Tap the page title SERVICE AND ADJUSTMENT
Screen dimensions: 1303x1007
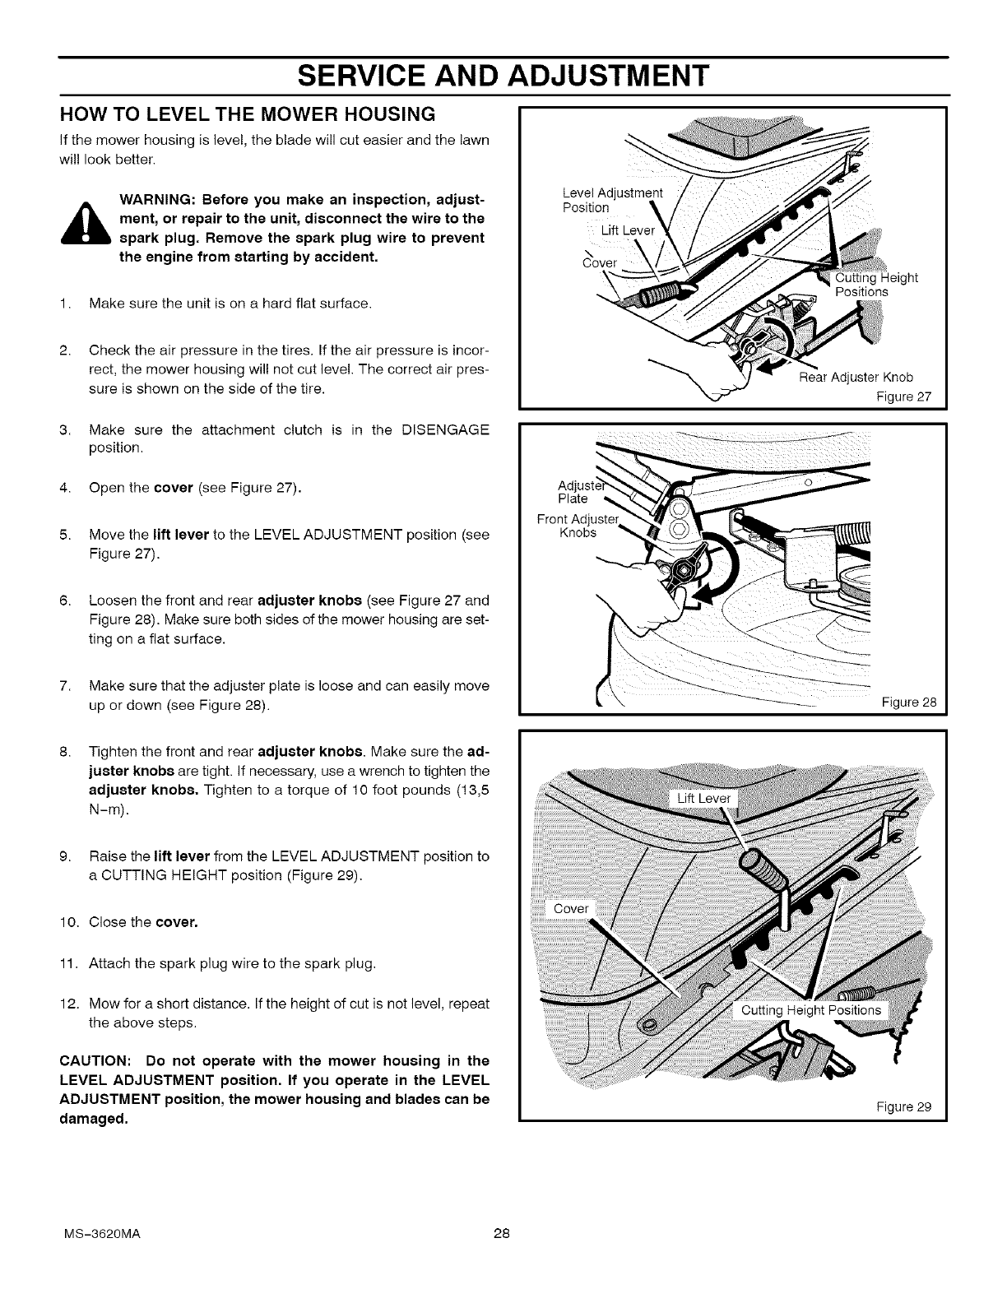coord(503,76)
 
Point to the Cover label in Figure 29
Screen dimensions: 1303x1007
coord(571,908)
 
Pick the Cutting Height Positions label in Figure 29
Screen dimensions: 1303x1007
coord(810,1010)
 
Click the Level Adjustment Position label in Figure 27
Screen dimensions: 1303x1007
coord(611,201)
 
